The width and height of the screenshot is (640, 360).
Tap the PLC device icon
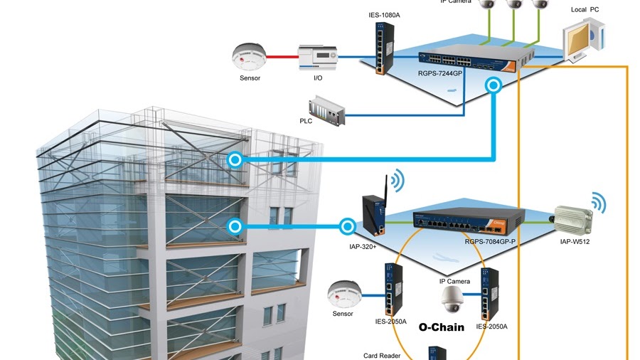click(x=328, y=113)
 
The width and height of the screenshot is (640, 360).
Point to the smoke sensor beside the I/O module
click(x=249, y=55)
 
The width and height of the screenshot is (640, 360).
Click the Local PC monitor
click(x=580, y=41)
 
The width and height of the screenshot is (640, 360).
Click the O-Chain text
click(x=441, y=327)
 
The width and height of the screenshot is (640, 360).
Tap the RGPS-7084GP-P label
click(x=490, y=241)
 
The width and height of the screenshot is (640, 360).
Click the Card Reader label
click(x=382, y=355)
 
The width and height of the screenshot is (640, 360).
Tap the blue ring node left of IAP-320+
click(x=347, y=226)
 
